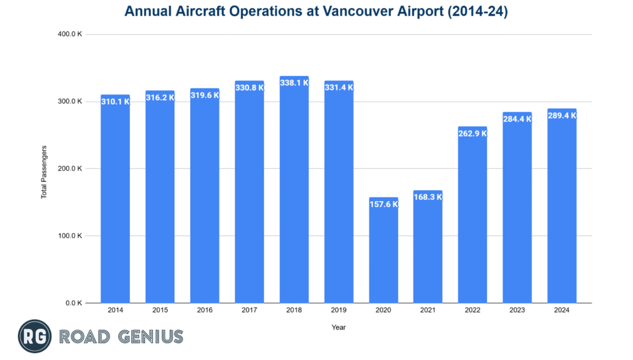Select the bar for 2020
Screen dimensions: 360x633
pyautogui.click(x=383, y=254)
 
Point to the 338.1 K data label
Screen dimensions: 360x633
pyautogui.click(x=294, y=82)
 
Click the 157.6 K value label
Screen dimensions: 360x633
pyautogui.click(x=383, y=204)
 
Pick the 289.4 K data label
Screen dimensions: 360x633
pyautogui.click(x=562, y=115)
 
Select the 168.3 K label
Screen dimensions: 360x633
pyautogui.click(x=428, y=197)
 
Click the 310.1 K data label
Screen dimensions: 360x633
pyautogui.click(x=115, y=101)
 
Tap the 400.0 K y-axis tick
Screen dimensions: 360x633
pyautogui.click(x=70, y=34)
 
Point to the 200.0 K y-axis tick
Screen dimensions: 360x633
pyautogui.click(x=70, y=168)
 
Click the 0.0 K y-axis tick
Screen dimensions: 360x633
pyautogui.click(x=74, y=303)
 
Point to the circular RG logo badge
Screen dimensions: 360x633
pyautogui.click(x=34, y=336)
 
